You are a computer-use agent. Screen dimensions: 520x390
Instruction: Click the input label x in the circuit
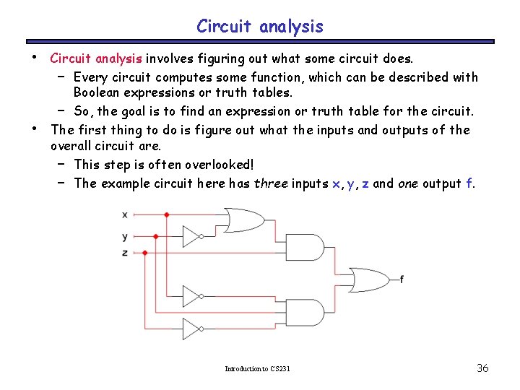coord(125,214)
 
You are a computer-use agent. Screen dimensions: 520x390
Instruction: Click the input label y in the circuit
coord(125,236)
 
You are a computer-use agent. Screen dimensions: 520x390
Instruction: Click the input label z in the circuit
coord(125,253)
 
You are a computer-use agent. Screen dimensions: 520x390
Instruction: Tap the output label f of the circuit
coord(402,279)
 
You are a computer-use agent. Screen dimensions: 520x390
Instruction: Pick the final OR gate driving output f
coord(368,279)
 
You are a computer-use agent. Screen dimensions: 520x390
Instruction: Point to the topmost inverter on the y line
coord(191,236)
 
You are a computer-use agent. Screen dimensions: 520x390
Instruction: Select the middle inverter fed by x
coord(191,296)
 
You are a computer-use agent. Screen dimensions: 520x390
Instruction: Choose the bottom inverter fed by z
coord(191,329)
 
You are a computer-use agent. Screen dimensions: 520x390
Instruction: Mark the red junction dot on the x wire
coord(167,214)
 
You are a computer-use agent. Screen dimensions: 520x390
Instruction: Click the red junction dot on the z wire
coord(145,253)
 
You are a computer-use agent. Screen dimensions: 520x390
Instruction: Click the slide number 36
coord(483,368)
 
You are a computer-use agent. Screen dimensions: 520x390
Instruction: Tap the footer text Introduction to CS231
coord(257,369)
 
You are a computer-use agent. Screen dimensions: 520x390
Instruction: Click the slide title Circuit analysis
coord(260,27)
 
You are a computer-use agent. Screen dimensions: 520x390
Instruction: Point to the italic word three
coord(271,183)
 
